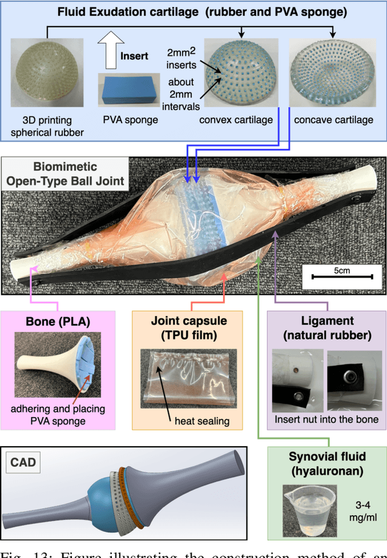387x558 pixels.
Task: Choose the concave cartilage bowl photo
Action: [x=333, y=76]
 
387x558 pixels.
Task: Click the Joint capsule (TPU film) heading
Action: [x=187, y=326]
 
